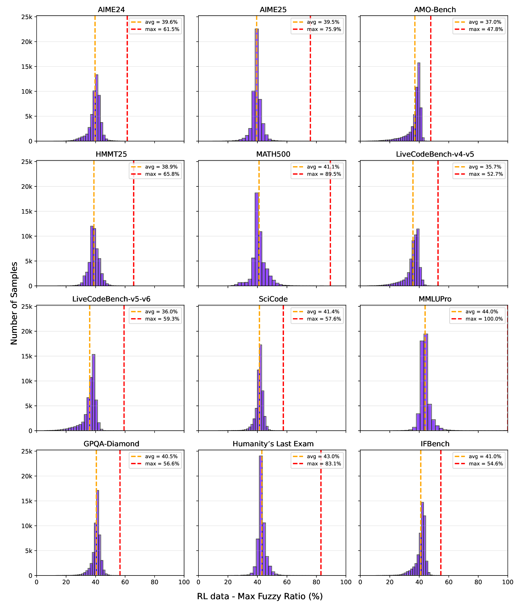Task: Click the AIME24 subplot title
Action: pos(111,10)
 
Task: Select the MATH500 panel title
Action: pos(273,154)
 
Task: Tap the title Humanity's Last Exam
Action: pos(273,444)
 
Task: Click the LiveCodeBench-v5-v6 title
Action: pos(111,299)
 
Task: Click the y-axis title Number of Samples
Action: pos(14,303)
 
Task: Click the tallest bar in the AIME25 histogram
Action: pos(257,85)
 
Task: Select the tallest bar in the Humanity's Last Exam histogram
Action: pos(261,516)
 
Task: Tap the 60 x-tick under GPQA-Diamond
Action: pos(125,582)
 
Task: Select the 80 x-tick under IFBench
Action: pos(478,582)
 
